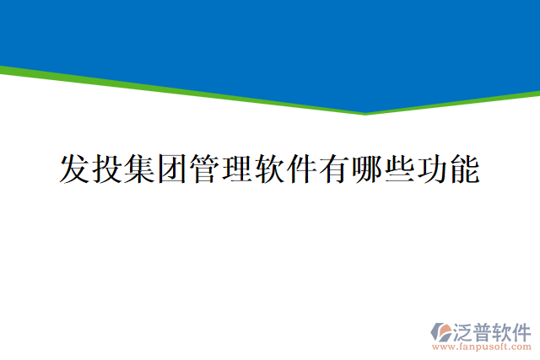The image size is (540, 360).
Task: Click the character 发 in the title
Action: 75,169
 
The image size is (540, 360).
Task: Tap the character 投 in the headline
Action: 108,169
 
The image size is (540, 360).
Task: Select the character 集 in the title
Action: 141,169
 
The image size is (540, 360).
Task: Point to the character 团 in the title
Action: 174,169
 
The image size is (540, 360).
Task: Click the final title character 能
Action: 466,169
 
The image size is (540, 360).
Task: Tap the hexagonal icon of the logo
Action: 441,330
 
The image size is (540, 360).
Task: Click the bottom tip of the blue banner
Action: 366,112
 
